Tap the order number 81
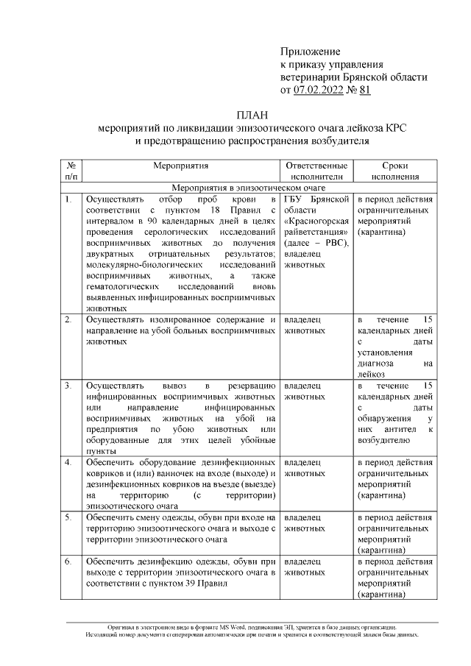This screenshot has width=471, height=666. [x=364, y=90]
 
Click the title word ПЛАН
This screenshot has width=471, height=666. [x=252, y=115]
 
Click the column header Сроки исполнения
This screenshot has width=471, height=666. [x=395, y=171]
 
